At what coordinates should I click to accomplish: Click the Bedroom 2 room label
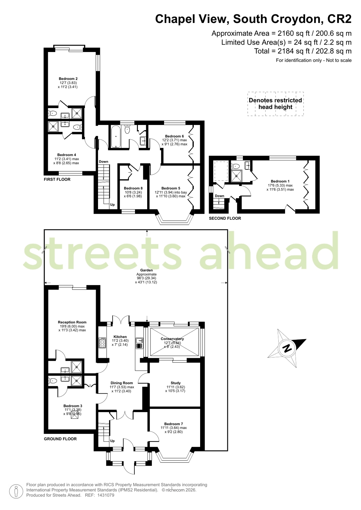(x=68, y=79)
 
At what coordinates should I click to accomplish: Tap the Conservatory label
(x=172, y=338)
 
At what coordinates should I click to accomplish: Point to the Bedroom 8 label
(x=133, y=188)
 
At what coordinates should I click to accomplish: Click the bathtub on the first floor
(x=116, y=136)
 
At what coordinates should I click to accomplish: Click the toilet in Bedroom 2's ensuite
(x=53, y=113)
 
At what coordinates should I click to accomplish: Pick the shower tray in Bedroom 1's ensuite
(x=236, y=176)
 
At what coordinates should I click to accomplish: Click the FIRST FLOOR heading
(x=57, y=180)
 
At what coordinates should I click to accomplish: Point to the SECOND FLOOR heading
(x=225, y=218)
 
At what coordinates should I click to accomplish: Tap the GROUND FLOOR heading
(x=60, y=439)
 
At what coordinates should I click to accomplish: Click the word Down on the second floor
(x=220, y=196)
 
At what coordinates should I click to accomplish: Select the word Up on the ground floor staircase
(x=112, y=441)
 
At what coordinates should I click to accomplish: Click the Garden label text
(x=146, y=270)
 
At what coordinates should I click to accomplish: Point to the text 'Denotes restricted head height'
(x=275, y=104)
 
